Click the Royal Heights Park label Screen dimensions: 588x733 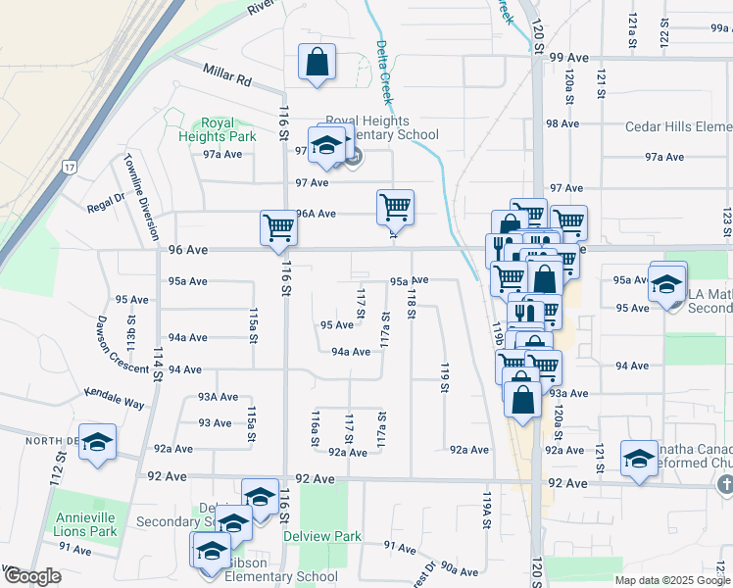[x=217, y=129]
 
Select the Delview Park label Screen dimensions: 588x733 [x=322, y=536]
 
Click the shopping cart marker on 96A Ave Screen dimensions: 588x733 [x=395, y=208]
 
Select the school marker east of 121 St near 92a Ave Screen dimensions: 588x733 [x=639, y=459]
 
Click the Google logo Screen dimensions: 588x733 [x=31, y=577]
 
